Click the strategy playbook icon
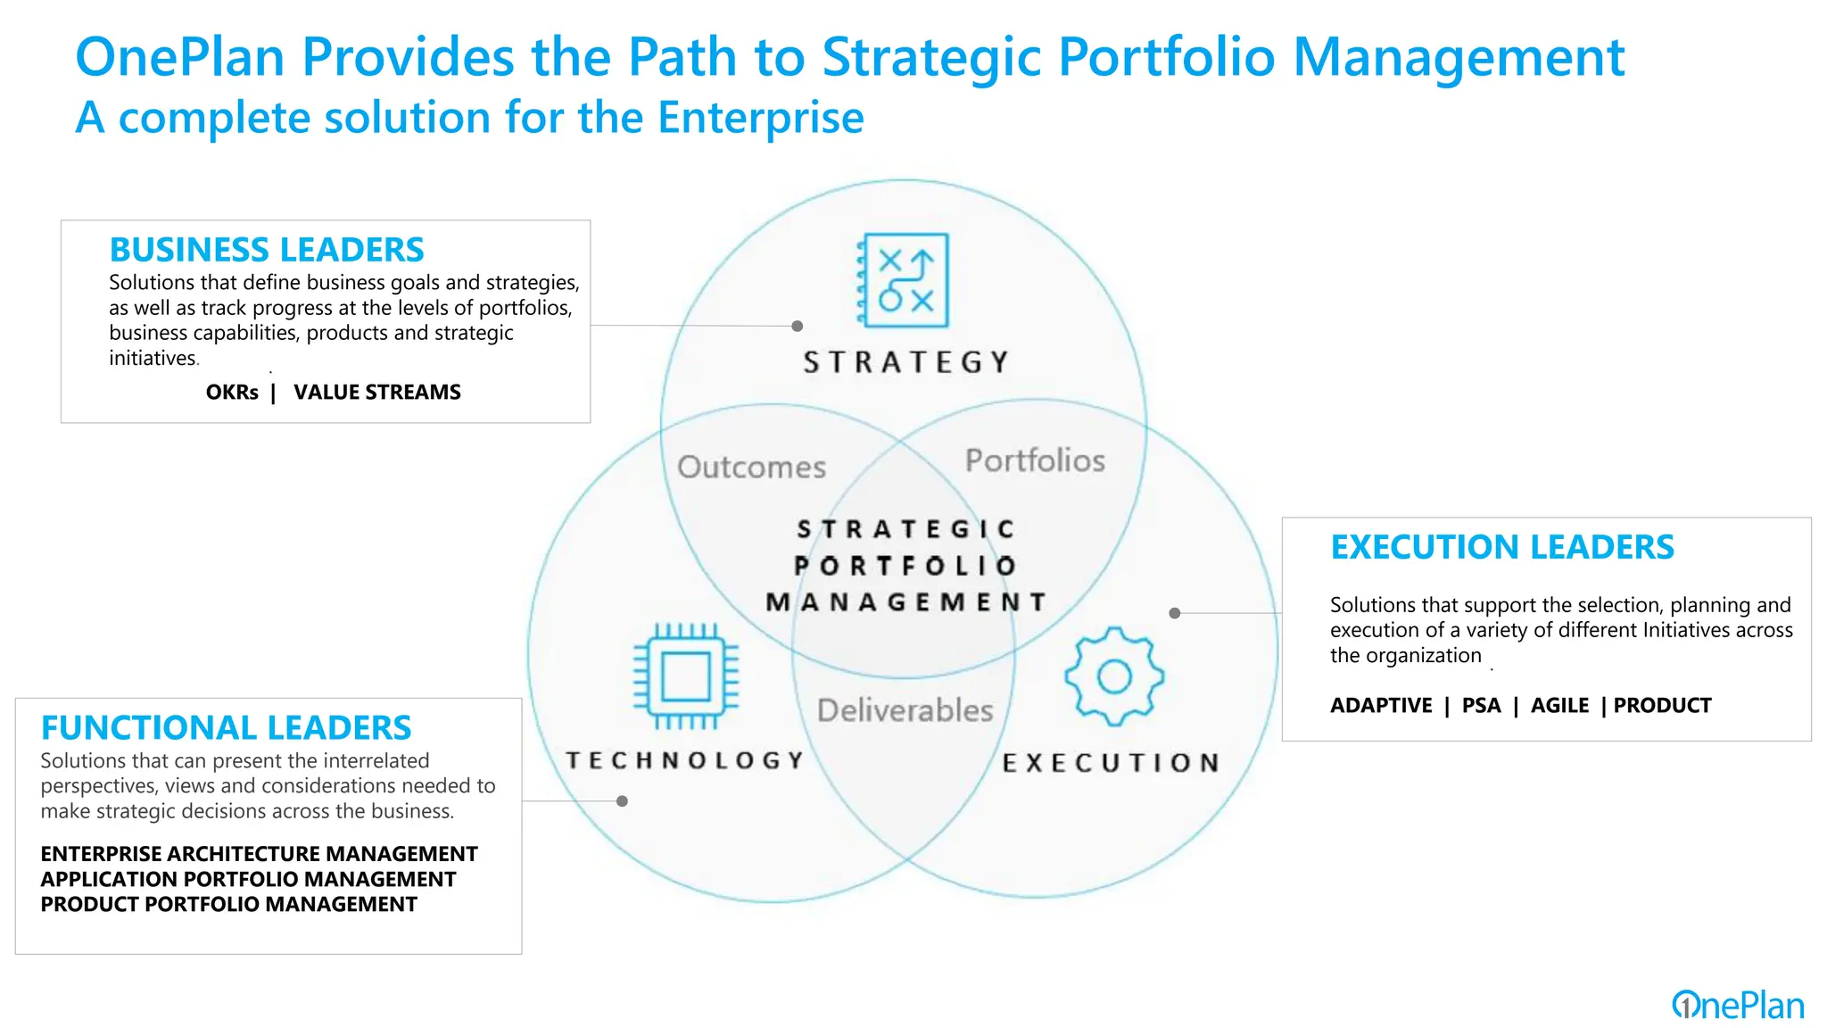pos(904,281)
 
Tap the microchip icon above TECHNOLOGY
pos(685,676)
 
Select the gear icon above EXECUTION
pos(1114,676)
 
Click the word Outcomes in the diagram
pos(751,467)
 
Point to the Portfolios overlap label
pos(1035,460)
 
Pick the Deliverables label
pos(905,710)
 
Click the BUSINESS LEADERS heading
pos(267,250)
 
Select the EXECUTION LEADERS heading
pos(1502,547)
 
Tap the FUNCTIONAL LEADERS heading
pos(227,728)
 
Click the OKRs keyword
pos(232,393)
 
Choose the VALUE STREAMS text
pos(377,393)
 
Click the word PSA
pos(1481,706)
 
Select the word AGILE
pos(1559,706)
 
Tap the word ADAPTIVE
pos(1381,706)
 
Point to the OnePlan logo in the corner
pos(1738,1006)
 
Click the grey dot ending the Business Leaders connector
pos(798,327)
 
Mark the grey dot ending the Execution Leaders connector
pos(1175,613)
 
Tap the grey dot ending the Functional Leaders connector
pos(623,801)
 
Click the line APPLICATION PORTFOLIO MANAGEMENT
pos(248,880)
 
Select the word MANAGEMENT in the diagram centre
pos(905,602)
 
